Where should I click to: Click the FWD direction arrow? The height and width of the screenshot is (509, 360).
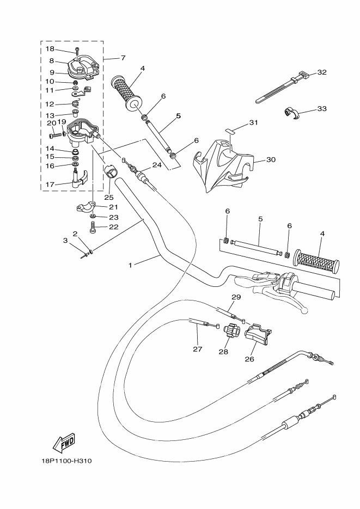point(64,441)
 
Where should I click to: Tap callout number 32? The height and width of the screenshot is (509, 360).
point(321,72)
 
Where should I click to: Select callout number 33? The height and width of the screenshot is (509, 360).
point(321,109)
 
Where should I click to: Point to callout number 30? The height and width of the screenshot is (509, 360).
point(271,160)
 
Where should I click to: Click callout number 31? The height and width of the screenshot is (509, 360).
point(252,122)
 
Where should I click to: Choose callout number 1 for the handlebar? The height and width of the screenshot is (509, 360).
point(131,265)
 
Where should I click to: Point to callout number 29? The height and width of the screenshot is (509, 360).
point(236,297)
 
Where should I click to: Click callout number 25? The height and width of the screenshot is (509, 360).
point(109,197)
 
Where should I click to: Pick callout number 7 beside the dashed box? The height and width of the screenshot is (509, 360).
point(123,58)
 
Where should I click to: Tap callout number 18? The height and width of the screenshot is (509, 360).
point(50,49)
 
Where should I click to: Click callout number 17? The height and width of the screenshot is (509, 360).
point(50,185)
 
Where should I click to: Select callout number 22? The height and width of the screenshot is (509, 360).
point(113,227)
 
